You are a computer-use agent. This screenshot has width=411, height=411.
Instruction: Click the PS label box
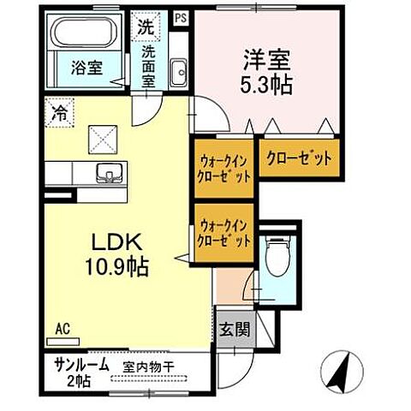pos(178,15)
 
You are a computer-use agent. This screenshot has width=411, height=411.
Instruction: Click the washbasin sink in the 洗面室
pos(178,73)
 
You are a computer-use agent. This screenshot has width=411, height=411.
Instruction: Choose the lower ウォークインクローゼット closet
pos(224,234)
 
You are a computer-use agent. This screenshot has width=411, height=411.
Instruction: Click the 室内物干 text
pos(146,366)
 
